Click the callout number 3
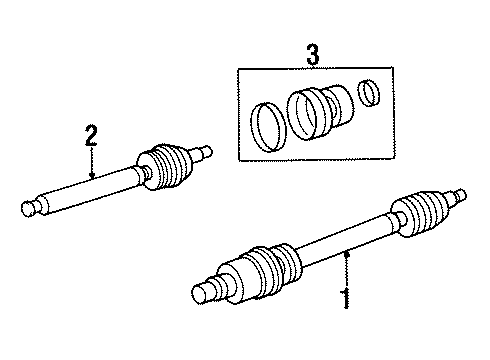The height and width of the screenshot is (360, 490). click(312, 56)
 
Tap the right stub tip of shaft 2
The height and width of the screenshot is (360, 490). click(209, 151)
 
